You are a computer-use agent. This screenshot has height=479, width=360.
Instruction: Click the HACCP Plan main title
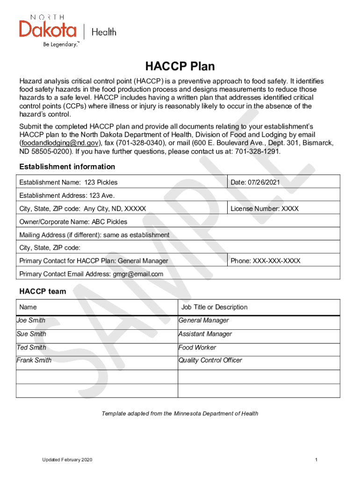[x=180, y=66]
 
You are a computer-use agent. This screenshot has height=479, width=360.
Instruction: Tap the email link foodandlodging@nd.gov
[x=59, y=143]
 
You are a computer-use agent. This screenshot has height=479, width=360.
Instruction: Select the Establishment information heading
[x=67, y=167]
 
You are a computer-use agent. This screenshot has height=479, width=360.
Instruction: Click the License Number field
[x=264, y=209]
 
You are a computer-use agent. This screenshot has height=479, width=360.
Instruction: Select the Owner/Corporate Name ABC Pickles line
[x=73, y=222]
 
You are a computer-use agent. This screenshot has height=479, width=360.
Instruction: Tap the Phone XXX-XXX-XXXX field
[x=265, y=261]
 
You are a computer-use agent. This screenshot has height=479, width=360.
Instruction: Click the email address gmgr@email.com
[x=138, y=274]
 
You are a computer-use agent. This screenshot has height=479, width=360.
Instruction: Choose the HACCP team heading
[x=43, y=292]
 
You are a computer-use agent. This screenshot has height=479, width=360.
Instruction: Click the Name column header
[x=28, y=307]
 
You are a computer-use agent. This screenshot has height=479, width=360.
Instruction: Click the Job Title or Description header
[x=214, y=307]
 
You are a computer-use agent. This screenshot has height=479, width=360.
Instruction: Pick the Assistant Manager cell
[x=205, y=334]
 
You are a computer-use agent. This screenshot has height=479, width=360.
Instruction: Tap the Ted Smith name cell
[x=31, y=348]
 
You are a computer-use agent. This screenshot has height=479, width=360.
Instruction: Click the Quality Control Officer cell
[x=210, y=360]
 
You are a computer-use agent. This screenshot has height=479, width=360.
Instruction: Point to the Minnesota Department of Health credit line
[x=180, y=414]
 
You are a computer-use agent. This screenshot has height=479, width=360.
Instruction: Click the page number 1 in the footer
[x=317, y=460]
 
